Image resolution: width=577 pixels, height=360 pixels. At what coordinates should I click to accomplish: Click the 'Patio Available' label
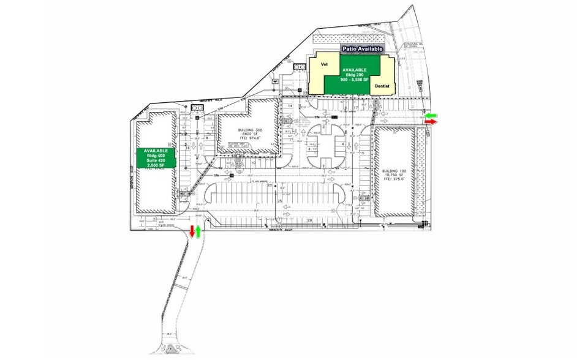[363, 48]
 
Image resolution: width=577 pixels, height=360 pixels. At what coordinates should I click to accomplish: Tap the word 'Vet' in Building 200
[325, 64]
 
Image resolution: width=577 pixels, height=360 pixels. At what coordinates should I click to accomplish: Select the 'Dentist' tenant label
[383, 88]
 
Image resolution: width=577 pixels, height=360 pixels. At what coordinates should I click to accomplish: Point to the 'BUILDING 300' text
[249, 130]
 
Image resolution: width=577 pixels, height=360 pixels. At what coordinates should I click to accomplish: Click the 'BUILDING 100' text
[394, 171]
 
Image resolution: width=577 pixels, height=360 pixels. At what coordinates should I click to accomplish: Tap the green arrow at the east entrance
[432, 114]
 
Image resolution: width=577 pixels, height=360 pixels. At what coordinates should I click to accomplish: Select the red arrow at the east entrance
[431, 122]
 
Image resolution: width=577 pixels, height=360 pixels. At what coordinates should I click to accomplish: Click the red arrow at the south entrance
[192, 231]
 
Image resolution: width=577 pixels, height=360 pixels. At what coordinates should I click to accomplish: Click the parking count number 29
[309, 220]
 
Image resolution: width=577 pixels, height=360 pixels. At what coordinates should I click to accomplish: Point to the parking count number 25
[280, 201]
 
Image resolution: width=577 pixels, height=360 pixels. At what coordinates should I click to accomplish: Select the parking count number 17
[356, 108]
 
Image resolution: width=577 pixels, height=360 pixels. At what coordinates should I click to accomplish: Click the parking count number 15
[362, 152]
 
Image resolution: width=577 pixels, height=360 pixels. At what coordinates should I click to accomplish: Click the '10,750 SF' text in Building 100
[394, 176]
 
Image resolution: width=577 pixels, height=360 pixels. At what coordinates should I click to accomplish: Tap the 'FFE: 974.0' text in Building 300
[249, 138]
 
